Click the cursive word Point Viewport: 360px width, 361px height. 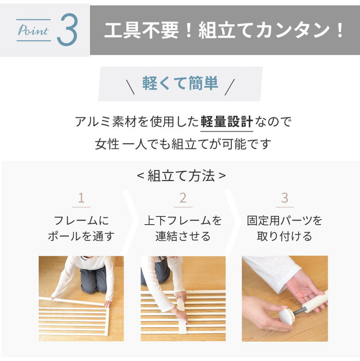coord(33,30)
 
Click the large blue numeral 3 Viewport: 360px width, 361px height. coord(67,30)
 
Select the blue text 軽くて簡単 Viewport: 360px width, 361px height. coord(180,83)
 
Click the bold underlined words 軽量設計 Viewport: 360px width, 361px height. coord(227,121)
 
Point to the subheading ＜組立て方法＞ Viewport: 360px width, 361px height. coord(181,176)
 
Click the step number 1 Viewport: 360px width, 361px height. coord(81,198)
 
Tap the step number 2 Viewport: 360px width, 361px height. coord(183,198)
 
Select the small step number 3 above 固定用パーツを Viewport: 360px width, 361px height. coord(285,198)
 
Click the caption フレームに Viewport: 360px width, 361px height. coord(81,220)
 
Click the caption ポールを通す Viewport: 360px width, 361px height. coord(81,236)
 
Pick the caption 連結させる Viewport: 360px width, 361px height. coord(183,236)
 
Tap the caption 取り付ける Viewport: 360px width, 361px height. coord(285,236)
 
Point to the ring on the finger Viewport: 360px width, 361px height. coord(305,298)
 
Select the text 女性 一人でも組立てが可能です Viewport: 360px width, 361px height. coord(183,144)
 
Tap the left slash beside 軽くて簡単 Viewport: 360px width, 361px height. coord(130,86)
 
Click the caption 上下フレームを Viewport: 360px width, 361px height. coord(183,220)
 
